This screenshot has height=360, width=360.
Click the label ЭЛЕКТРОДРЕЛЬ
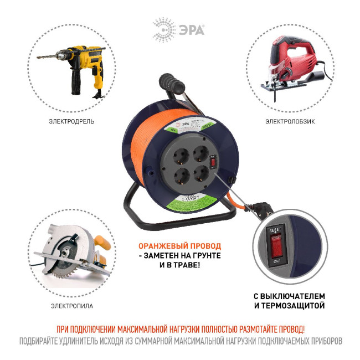[x=71, y=121]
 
